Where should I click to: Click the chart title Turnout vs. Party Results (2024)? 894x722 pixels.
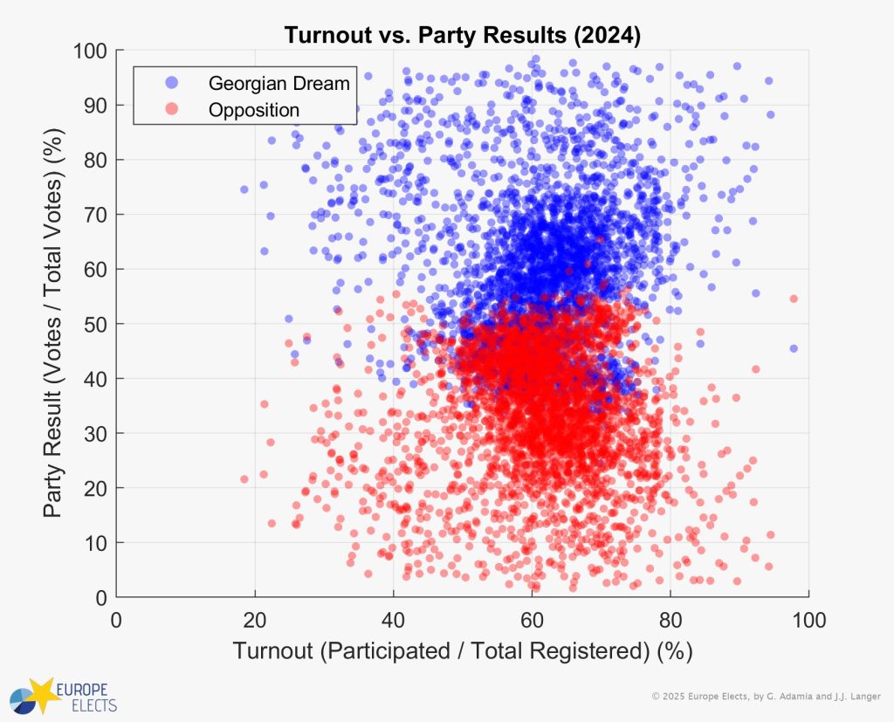[x=462, y=36]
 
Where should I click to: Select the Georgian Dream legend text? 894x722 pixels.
[x=279, y=84]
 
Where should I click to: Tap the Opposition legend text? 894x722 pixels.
[x=254, y=110]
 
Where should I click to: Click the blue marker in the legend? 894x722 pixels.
[x=171, y=83]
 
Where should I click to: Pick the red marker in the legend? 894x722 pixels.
[x=171, y=110]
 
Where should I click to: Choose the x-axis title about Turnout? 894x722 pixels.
[x=462, y=651]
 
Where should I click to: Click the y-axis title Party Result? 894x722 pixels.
[x=54, y=324]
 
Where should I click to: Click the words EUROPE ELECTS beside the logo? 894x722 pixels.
[x=86, y=695]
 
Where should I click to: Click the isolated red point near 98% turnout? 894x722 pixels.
[x=794, y=299]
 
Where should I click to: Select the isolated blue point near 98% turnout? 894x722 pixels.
[x=794, y=348]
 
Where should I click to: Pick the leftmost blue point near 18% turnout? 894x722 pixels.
[x=244, y=189]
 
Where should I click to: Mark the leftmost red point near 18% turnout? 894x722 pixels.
[x=244, y=478]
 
